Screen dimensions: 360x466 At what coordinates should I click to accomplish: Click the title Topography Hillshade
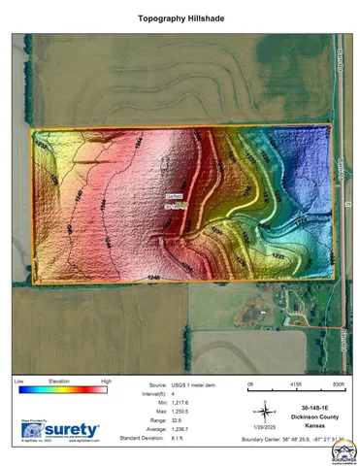pyautogui.click(x=180, y=18)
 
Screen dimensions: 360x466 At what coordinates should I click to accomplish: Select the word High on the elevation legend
pyautogui.click(x=106, y=383)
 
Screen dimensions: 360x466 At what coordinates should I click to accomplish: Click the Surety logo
pyautogui.click(x=59, y=429)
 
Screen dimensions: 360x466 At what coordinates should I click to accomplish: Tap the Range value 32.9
pyautogui.click(x=177, y=419)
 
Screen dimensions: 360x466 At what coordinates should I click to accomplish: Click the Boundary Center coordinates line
pyautogui.click(x=297, y=439)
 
